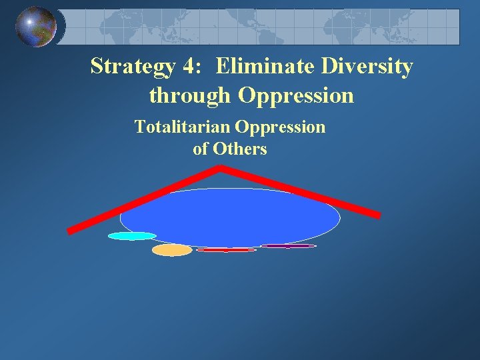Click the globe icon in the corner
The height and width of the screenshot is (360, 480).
[x=37, y=27]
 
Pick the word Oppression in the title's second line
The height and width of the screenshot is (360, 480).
[x=296, y=96]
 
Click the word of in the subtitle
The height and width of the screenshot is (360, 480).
[x=201, y=149]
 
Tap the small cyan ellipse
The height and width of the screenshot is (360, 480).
[x=132, y=236]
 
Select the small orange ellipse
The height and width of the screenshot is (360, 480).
[x=172, y=250]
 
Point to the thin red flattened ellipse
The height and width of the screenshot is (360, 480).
[x=226, y=250]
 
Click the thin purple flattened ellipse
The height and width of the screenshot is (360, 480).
[x=288, y=246]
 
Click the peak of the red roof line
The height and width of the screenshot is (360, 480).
[x=221, y=168]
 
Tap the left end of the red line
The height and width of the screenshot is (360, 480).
[x=69, y=231]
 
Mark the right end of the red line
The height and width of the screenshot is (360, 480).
[x=378, y=215]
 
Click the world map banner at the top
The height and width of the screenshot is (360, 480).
[x=267, y=27]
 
